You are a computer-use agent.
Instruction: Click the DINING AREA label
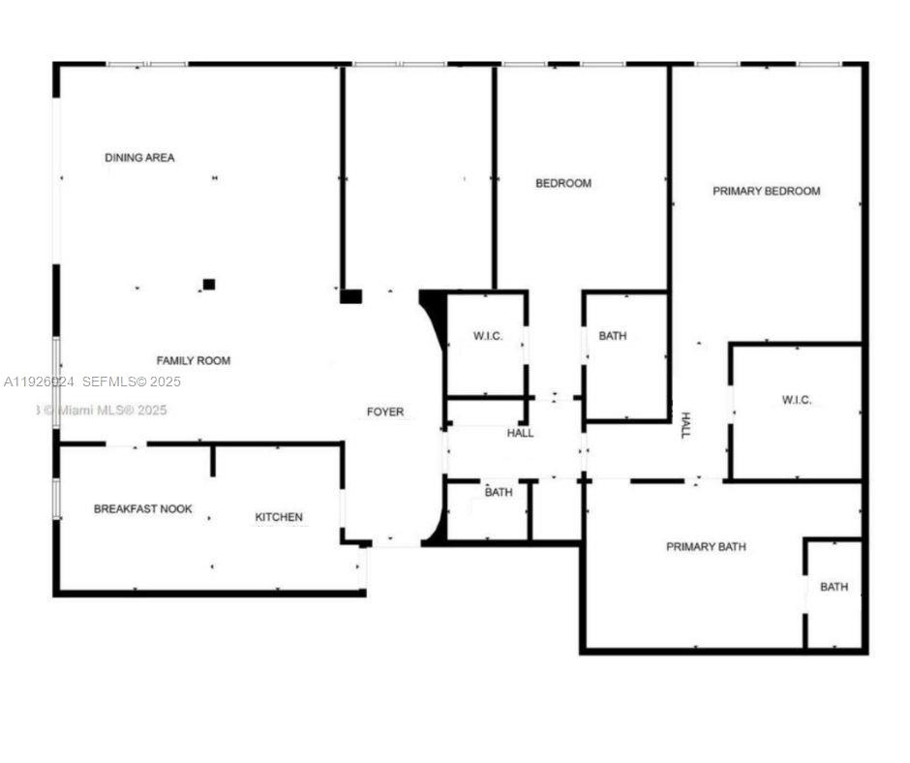(139, 157)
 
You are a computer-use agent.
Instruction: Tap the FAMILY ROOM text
(194, 360)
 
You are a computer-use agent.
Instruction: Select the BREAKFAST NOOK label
(142, 508)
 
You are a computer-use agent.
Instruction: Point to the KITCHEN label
(279, 517)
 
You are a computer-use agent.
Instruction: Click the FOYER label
(384, 412)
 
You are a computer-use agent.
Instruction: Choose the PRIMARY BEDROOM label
(766, 191)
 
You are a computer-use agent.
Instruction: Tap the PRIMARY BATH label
(706, 547)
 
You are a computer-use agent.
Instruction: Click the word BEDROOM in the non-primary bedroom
(563, 183)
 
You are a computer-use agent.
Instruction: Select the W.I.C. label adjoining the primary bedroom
(797, 400)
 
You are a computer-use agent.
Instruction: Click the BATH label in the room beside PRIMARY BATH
(834, 587)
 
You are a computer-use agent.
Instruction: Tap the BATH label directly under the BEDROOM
(612, 336)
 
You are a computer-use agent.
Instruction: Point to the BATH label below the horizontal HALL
(499, 492)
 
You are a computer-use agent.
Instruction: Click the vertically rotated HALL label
(685, 425)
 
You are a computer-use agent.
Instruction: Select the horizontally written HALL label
(520, 433)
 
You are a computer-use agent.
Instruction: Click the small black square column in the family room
(208, 284)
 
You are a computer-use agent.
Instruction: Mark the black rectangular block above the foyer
(350, 296)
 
